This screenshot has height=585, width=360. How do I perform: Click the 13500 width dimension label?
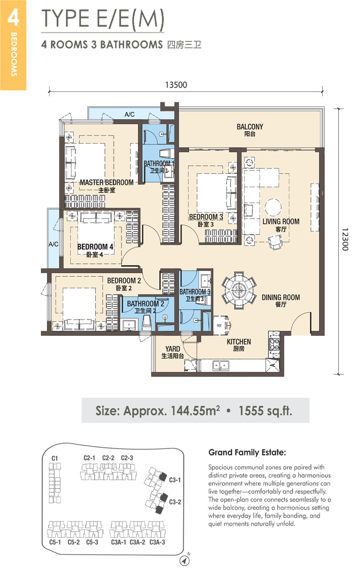pyautogui.click(x=176, y=85)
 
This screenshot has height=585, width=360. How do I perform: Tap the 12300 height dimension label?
pyautogui.click(x=345, y=239)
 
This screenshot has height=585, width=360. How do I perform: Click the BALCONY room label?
pyautogui.click(x=250, y=126)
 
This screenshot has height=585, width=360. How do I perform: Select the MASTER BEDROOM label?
pyautogui.click(x=107, y=182)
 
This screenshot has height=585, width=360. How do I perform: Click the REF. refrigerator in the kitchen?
pyautogui.click(x=221, y=325)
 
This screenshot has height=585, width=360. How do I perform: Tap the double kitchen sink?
pyautogui.click(x=221, y=365)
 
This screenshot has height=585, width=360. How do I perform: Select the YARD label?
pyautogui.click(x=172, y=349)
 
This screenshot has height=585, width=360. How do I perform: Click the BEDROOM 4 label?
pyautogui.click(x=95, y=247)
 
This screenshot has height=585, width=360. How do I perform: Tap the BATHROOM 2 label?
pyautogui.click(x=145, y=304)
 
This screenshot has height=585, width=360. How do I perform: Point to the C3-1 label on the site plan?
pyautogui.click(x=175, y=480)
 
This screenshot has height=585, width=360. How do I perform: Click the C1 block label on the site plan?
pyautogui.click(x=54, y=459)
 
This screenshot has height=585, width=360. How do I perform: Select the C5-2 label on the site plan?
pyautogui.click(x=73, y=542)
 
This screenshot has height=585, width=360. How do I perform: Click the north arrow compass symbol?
pyautogui.click(x=184, y=560)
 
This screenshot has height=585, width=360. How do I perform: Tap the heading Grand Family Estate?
pyautogui.click(x=247, y=453)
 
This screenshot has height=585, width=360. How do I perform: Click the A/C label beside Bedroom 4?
pyautogui.click(x=53, y=244)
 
